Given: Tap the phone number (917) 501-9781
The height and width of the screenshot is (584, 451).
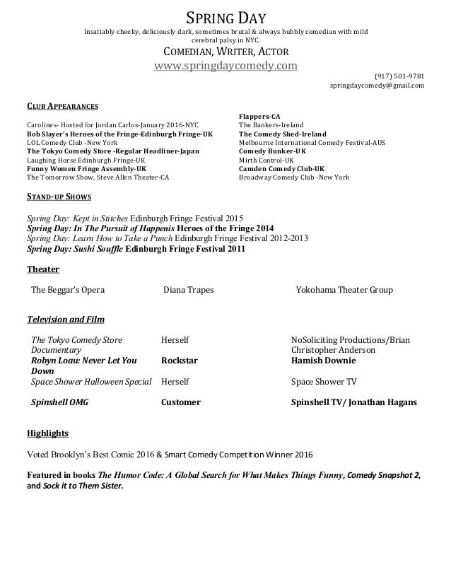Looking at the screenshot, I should point(399,76).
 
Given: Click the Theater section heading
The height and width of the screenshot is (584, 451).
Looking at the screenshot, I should point(42,269).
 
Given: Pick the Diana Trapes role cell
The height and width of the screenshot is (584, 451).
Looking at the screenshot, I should point(189,290).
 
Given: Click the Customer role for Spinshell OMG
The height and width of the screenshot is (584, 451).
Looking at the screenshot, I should point(181,402).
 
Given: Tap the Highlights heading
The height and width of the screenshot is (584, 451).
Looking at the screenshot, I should point(47,433).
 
